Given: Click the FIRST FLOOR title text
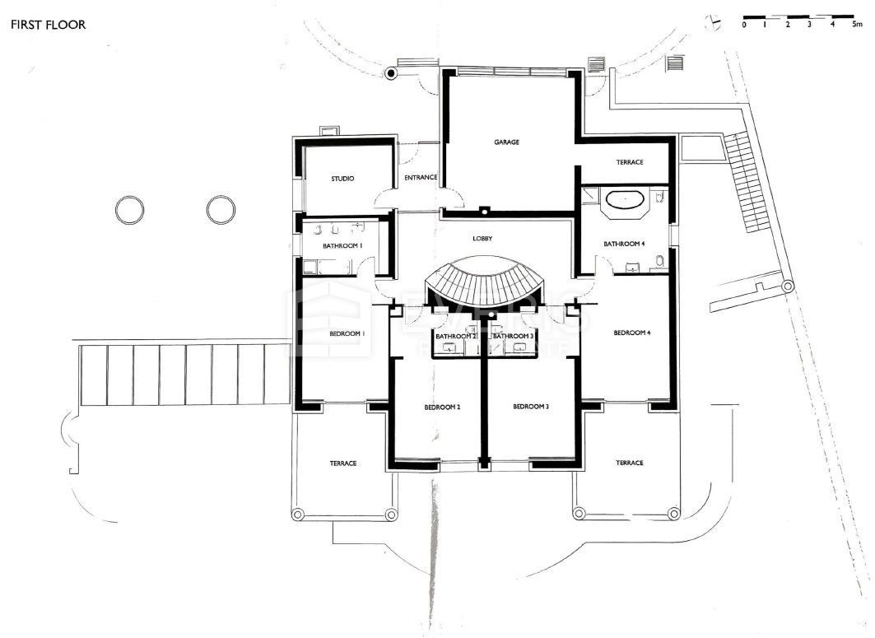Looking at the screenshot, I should click(48, 25).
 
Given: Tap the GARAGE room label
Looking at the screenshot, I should click(506, 142).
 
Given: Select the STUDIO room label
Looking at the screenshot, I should click(342, 179).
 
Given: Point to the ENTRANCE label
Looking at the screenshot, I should click(421, 178).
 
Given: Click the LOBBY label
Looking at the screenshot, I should click(482, 239).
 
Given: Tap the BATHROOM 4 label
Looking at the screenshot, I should click(623, 244).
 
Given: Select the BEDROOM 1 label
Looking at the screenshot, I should click(347, 333).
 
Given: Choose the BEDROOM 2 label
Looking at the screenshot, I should click(442, 407).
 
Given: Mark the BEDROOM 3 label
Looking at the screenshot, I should click(530, 407).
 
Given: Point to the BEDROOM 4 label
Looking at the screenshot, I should click(632, 333).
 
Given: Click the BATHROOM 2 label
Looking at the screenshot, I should click(456, 336).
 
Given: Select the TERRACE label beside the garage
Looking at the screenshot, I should click(629, 162).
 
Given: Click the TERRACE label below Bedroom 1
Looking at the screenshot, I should click(342, 463).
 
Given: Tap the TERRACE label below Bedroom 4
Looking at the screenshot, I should click(629, 463).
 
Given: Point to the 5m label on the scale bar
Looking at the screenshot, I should click(856, 26).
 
